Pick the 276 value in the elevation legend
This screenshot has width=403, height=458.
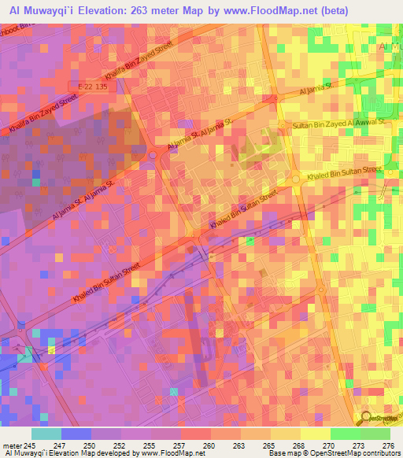(390, 445)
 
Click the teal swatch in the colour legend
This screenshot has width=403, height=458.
(46, 434)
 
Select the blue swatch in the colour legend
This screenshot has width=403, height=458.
(76, 434)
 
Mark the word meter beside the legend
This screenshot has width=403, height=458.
(12, 445)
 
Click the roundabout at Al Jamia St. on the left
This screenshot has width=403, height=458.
(152, 156)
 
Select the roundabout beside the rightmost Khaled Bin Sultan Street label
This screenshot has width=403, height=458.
(297, 180)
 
